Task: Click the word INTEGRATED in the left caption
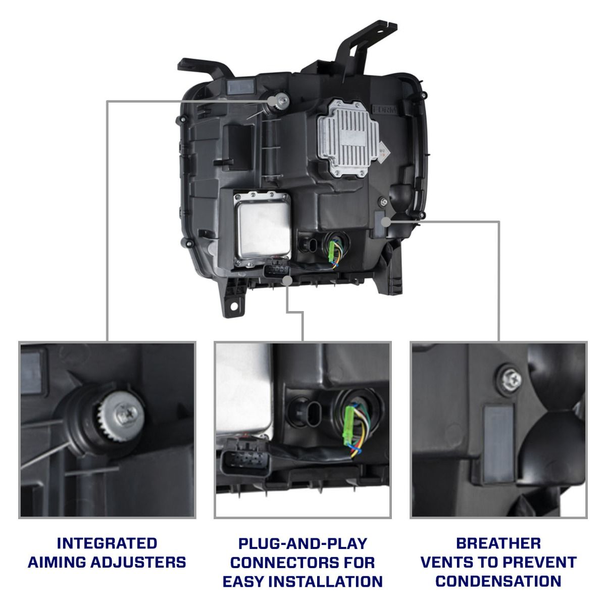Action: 107,543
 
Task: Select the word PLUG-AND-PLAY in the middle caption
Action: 302,544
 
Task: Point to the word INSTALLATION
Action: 325,581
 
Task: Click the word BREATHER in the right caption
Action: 498,543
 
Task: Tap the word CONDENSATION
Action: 498,581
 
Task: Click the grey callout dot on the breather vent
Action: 386,221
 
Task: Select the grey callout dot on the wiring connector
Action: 287,280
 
